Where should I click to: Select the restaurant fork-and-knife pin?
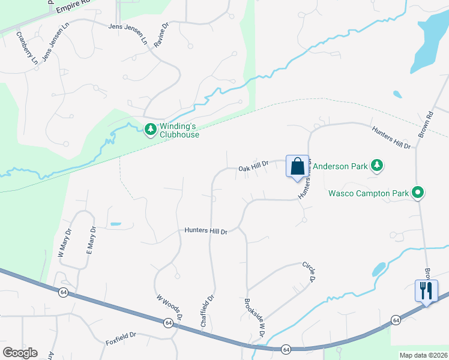[x=426, y=291]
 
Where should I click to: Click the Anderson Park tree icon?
[x=376, y=165]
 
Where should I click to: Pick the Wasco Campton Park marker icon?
[x=418, y=193]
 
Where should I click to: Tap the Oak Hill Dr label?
[x=253, y=169]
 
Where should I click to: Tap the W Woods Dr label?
[x=169, y=307]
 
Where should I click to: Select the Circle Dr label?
[x=310, y=271]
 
